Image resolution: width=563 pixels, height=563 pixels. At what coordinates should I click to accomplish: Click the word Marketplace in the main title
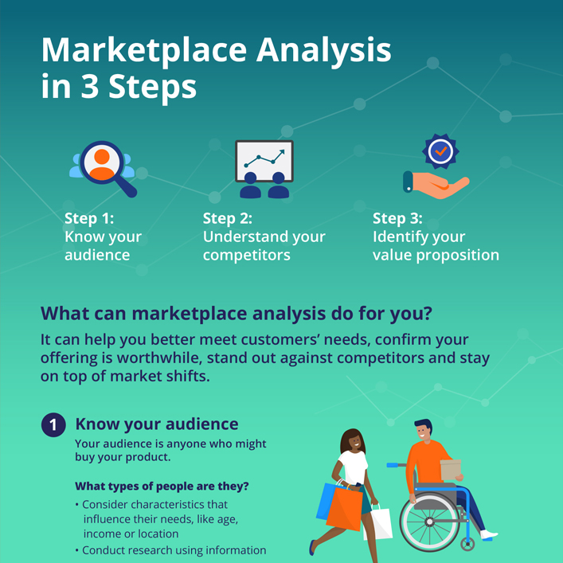point(144,51)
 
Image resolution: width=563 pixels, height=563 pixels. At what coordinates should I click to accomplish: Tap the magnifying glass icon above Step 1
point(104,168)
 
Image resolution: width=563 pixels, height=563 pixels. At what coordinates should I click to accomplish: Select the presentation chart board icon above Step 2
point(264,168)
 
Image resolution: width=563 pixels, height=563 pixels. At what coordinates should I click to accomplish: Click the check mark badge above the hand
point(440,151)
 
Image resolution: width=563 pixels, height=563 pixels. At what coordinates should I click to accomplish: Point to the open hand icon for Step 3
point(436,184)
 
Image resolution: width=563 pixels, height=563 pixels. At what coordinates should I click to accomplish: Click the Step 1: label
point(89,218)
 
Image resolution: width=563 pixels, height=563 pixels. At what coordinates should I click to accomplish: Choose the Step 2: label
point(227,218)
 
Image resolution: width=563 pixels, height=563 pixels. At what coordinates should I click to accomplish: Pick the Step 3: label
point(397,218)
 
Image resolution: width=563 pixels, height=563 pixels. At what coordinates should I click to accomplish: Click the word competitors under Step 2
point(247,256)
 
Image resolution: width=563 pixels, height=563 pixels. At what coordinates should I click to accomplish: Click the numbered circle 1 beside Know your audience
point(53,424)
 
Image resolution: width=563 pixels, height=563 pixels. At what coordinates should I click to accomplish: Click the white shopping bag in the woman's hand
point(378,523)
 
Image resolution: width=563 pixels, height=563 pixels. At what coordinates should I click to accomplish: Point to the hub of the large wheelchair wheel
point(429,522)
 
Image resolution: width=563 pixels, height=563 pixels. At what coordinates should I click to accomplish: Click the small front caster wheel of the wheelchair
point(467,544)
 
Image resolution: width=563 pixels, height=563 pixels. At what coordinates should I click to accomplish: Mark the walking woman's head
point(353,442)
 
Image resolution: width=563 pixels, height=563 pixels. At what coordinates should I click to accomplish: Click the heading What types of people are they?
point(162,487)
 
